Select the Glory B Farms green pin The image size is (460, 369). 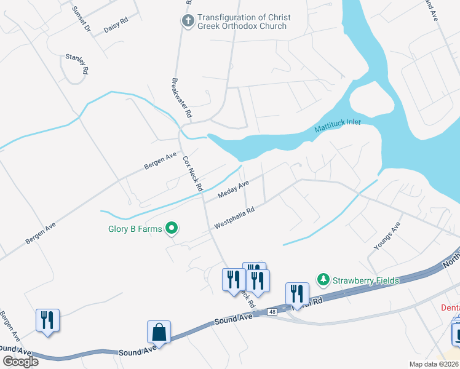(173, 229)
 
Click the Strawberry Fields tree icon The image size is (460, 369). (323, 280)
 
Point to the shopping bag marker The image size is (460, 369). (159, 332)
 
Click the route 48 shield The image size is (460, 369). (271, 312)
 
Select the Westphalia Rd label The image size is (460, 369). (234, 217)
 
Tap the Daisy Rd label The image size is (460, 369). (115, 23)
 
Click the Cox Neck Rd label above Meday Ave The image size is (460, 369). (192, 172)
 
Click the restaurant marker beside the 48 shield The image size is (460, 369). (297, 295)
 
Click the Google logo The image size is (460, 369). (20, 362)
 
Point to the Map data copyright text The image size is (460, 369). (434, 364)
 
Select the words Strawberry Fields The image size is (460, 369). (366, 280)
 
